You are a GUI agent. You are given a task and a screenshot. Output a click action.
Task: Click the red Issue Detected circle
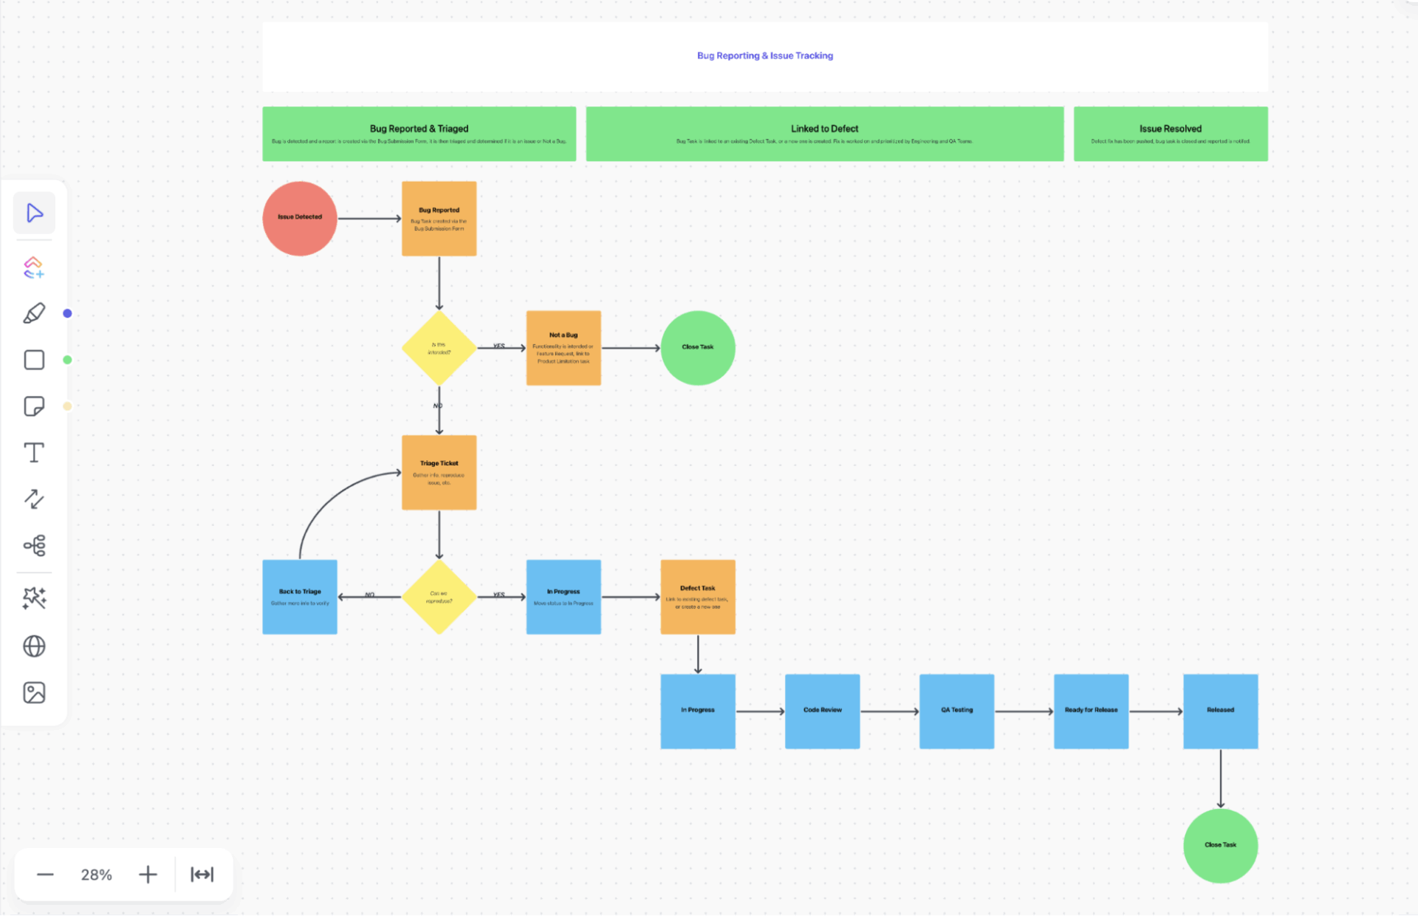point(300,219)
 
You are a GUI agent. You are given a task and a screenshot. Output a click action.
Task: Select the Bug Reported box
point(439,219)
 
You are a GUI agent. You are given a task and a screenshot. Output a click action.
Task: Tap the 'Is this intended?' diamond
point(439,348)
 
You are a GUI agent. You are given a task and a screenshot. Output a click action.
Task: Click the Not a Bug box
point(564,348)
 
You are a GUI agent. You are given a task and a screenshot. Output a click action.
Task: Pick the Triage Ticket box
point(439,472)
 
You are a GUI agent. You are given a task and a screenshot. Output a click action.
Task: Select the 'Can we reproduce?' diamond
point(439,597)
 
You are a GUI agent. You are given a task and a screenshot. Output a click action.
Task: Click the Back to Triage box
point(300,597)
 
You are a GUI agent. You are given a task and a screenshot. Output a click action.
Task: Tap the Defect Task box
point(698,597)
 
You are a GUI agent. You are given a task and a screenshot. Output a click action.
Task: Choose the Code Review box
point(822,711)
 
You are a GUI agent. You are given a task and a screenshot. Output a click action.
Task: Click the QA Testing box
point(956,711)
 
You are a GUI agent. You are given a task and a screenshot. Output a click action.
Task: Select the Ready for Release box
point(1091,711)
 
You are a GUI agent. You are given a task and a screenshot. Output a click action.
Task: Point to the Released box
point(1220,711)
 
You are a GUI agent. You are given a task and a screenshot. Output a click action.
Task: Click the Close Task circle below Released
point(1220,845)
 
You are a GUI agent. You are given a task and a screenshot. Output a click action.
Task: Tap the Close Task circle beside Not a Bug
point(698,348)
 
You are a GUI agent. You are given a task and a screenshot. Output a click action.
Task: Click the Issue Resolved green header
point(1171,134)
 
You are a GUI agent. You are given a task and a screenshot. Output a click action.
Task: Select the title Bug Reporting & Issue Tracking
point(765,56)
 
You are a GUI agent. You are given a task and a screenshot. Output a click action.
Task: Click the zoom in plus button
point(148,875)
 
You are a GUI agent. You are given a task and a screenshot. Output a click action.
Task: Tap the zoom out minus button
point(45,875)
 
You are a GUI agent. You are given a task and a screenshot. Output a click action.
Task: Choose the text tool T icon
point(34,452)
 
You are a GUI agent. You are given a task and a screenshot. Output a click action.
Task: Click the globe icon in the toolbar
point(34,646)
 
